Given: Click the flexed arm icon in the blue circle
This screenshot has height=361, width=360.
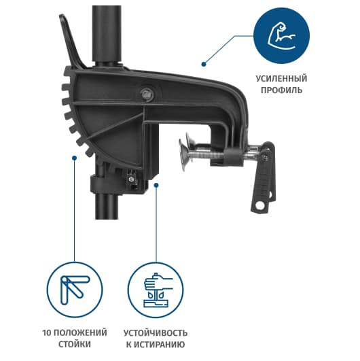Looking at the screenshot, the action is point(281,35).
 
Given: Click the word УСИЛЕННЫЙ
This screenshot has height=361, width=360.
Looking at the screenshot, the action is point(281,78).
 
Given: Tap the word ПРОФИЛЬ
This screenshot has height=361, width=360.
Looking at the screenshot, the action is point(281,90).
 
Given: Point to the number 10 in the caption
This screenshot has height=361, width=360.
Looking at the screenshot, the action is point(47,332).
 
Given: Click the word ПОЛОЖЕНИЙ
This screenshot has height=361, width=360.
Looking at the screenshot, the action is point(81,332).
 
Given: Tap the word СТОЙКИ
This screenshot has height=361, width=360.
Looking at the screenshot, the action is point(75,345).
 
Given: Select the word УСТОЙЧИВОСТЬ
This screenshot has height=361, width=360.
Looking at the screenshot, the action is point(156,333).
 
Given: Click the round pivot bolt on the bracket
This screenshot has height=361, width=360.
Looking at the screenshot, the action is point(147,94).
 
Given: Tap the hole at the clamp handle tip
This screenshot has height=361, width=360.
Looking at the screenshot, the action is point(260,205).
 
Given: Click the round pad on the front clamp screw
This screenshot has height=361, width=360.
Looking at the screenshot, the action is point(184,155).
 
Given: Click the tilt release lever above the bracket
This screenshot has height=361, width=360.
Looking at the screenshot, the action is point(72,41).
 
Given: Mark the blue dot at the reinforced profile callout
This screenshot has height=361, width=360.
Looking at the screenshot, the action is point(204,64).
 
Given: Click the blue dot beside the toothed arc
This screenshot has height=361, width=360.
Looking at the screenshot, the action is point(74,158).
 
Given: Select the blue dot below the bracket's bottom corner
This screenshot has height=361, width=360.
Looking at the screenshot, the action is point(156,185).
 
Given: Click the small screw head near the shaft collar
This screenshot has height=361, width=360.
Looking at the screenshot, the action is point(131,179).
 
